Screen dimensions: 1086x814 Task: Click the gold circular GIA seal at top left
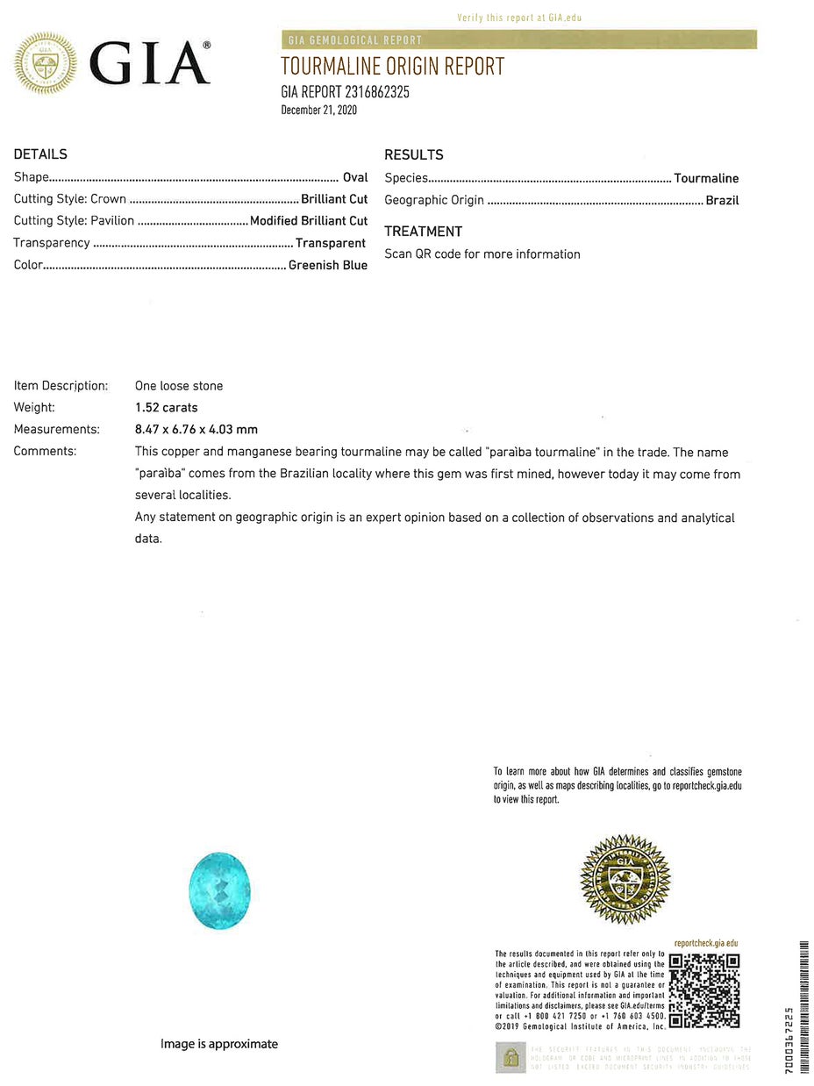(45, 63)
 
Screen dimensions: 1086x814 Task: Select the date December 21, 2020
(318, 110)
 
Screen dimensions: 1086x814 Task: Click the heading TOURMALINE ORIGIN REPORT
(392, 66)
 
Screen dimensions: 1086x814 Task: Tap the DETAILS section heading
(40, 154)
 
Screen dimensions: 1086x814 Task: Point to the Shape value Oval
(355, 177)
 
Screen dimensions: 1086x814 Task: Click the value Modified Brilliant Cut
(309, 221)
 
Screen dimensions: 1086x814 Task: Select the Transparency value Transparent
(331, 243)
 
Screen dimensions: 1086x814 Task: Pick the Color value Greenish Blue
(328, 265)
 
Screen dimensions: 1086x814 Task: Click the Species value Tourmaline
(706, 178)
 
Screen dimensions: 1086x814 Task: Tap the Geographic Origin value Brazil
(722, 200)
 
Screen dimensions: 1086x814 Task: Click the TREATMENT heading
(423, 232)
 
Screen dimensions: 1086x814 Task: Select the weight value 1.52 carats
(167, 407)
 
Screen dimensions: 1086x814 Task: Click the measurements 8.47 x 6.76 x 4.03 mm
(196, 429)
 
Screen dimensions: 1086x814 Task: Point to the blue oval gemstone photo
(219, 890)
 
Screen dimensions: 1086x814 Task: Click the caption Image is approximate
(219, 1044)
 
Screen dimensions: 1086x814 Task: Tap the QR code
(704, 990)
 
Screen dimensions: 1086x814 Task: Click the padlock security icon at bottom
(511, 1057)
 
